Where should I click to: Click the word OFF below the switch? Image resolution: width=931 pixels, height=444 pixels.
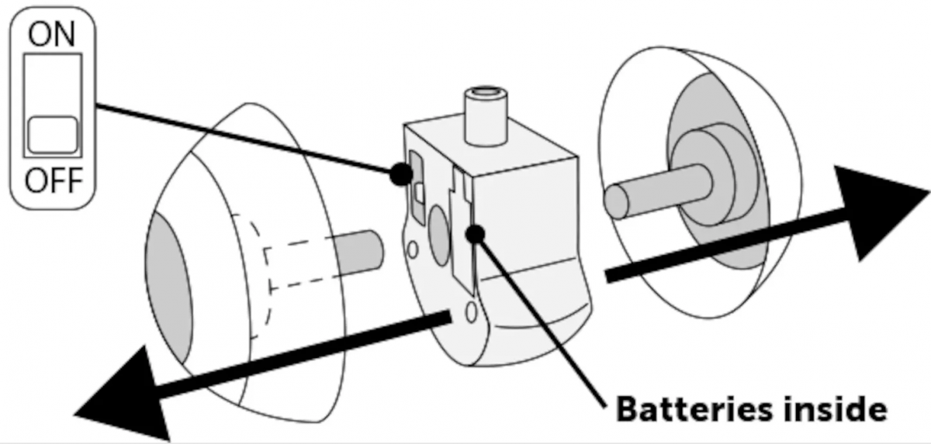(52, 182)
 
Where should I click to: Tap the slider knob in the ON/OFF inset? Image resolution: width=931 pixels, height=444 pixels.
(52, 134)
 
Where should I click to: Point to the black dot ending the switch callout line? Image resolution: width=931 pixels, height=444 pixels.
(400, 175)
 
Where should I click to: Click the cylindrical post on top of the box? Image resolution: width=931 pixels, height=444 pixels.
(484, 116)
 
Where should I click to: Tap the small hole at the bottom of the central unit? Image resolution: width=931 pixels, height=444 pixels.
(469, 311)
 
